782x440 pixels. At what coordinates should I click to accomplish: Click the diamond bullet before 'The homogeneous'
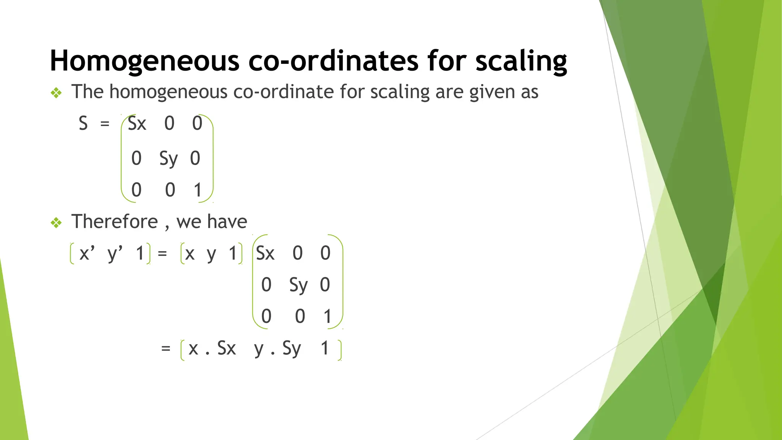56,93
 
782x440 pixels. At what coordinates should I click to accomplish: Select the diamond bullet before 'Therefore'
56,223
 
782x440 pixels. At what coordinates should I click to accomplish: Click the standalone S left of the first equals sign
83,124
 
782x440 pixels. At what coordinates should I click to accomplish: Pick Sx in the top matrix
137,124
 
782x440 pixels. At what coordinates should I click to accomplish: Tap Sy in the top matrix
168,159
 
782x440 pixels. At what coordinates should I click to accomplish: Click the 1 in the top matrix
197,190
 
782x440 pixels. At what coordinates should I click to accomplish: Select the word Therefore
115,222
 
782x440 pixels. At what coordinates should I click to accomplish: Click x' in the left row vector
87,253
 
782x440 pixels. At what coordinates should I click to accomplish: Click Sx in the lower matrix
265,253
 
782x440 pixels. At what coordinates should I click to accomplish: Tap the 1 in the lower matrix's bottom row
327,317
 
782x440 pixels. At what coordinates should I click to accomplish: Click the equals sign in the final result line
165,348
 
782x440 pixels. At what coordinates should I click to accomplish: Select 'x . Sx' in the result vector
212,348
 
